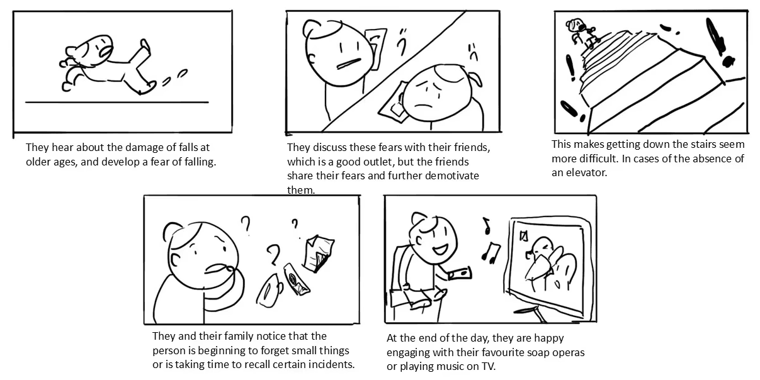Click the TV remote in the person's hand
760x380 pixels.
tap(460, 274)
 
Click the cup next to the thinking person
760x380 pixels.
tap(269, 291)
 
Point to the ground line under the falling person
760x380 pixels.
tap(116, 102)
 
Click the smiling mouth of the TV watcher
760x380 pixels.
tap(440, 250)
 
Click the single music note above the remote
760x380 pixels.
tap(487, 226)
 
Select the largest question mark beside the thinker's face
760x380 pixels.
tap(273, 255)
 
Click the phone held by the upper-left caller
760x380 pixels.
tap(377, 47)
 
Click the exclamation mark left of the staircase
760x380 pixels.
tap(570, 68)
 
